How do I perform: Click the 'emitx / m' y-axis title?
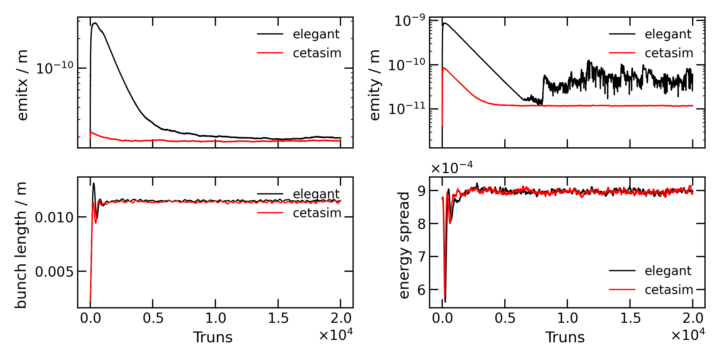coord(23,85)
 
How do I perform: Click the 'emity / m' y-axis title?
coord(375,85)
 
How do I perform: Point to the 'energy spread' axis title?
coord(404,245)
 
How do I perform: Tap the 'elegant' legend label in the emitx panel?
coord(316,34)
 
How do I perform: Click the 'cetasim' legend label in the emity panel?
coord(669,53)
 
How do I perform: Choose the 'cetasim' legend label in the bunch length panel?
coord(317,213)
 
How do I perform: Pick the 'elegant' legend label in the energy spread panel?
coord(668,271)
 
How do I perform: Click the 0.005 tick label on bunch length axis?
coord(54,272)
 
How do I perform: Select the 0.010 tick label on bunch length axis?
coord(54,217)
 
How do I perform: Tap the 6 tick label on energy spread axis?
coord(421,290)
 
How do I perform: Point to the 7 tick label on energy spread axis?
coord(421,257)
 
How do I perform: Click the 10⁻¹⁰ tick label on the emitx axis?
coord(54,68)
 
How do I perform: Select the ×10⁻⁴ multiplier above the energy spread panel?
coord(451,168)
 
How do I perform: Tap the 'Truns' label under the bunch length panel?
coord(213,337)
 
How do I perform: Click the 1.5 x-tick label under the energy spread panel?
coord(630,318)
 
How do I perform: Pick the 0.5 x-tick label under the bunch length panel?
coord(153,318)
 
